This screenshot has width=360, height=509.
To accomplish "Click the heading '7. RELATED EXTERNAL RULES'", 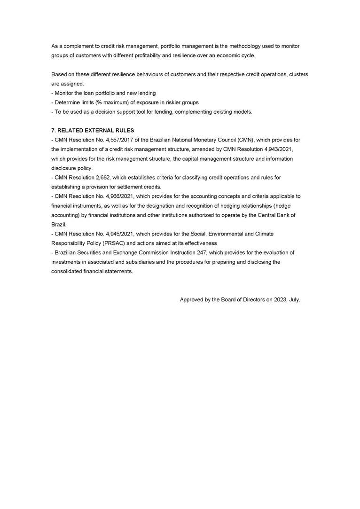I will click(x=93, y=130).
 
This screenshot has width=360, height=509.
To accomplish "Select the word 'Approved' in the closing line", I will click(x=192, y=300).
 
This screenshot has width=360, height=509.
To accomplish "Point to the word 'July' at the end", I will click(x=294, y=300).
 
